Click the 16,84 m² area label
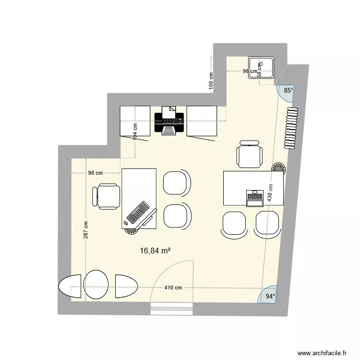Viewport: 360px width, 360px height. coord(156,250)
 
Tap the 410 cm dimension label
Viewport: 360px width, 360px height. coord(173,288)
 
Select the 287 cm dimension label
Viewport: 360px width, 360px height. coord(85,230)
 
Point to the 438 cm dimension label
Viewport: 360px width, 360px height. coord(270,193)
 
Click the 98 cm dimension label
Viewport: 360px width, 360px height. coord(95,173)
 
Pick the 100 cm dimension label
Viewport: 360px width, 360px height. coord(210,82)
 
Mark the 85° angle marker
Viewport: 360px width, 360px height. coord(288,90)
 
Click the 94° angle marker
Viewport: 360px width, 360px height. coord(271,296)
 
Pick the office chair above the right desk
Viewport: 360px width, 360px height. coord(250,154)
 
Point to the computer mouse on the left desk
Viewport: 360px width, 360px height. coord(126,223)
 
